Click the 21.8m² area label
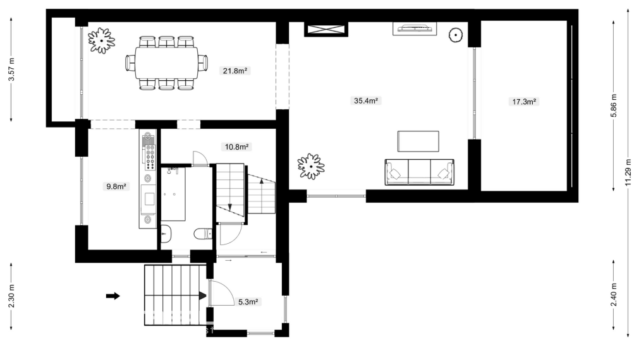click(x=234, y=71)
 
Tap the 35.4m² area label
click(x=366, y=100)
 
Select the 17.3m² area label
click(x=524, y=102)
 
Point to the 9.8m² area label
click(x=116, y=186)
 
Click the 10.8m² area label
click(x=236, y=147)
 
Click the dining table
click(x=167, y=63)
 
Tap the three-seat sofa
click(x=419, y=172)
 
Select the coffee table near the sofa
click(x=418, y=141)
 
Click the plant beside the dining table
click(x=101, y=40)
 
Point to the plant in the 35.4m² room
click(x=311, y=166)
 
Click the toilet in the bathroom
click(x=203, y=234)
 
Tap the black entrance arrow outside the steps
click(x=113, y=296)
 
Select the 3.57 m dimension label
click(x=12, y=69)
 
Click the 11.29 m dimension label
click(x=628, y=172)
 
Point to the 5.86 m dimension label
click(x=614, y=105)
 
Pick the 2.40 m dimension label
click(x=614, y=294)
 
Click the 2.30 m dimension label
click(x=12, y=296)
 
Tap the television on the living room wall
click(x=415, y=28)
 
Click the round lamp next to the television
click(x=455, y=35)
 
